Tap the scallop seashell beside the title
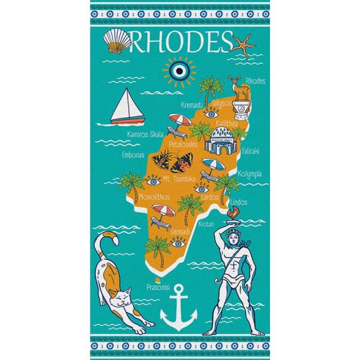tap(118, 41)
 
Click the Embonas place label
tap(133, 154)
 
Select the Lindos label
tap(238, 202)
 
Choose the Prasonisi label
tap(159, 287)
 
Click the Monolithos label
tap(154, 197)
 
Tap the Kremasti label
tap(193, 105)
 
